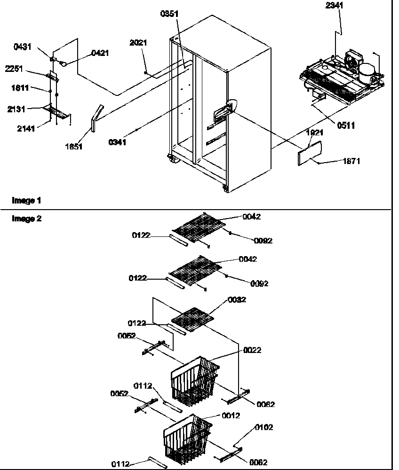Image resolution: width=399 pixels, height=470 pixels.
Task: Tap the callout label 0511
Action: coord(345,125)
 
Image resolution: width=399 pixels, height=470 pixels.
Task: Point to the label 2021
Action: coord(138,43)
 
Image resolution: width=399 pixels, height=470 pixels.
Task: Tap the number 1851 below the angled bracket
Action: coord(74,147)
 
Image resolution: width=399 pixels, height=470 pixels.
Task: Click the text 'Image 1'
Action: coord(26,201)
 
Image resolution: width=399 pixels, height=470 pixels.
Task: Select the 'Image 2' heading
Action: coord(26,219)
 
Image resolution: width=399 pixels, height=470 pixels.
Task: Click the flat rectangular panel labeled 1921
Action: coord(310,152)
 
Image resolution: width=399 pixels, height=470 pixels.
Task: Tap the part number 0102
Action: coord(263,427)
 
